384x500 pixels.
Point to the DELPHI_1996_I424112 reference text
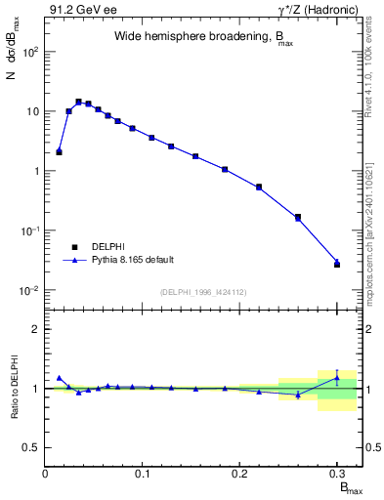point(203,291)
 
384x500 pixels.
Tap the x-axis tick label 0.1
point(143,473)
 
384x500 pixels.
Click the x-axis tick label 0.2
point(239,473)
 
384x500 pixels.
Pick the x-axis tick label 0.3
point(336,473)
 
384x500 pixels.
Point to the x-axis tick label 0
point(46,473)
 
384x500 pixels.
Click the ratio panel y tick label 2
point(33,329)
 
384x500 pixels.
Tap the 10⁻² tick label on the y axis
point(28,290)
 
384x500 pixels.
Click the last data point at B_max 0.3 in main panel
point(337,264)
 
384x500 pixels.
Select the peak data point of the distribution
point(78,101)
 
